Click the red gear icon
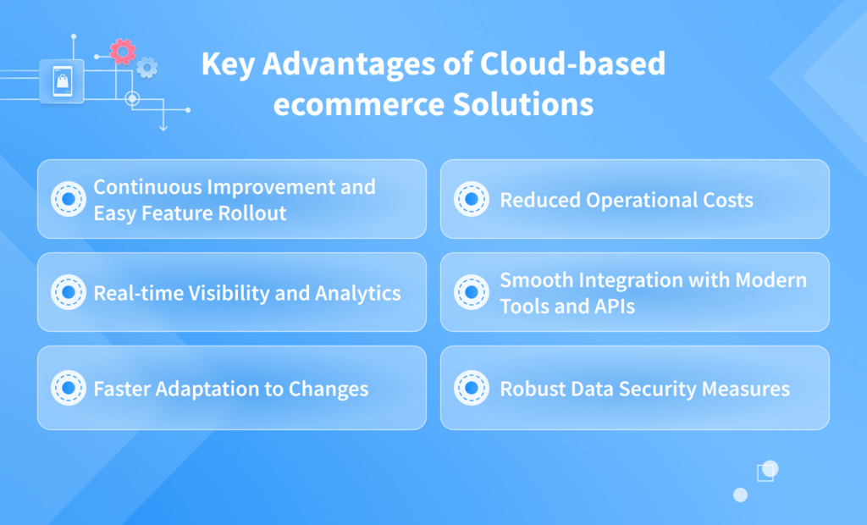tap(123, 52)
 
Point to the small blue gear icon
tap(147, 67)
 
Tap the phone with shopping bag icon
tap(62, 81)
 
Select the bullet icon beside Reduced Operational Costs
tap(470, 200)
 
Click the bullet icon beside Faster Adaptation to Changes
tap(67, 388)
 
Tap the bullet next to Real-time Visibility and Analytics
tap(67, 293)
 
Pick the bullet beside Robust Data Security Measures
tap(470, 388)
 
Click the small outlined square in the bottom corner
tap(765, 472)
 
